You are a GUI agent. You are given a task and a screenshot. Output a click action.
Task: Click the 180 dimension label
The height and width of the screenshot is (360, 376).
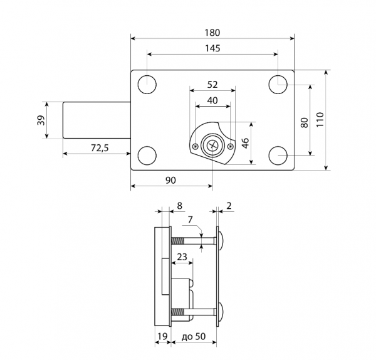[x=212, y=33]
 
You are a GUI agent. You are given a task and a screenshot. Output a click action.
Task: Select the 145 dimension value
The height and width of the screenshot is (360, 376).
[x=212, y=48]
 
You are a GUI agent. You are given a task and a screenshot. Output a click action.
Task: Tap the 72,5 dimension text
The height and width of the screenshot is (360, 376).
[x=100, y=148]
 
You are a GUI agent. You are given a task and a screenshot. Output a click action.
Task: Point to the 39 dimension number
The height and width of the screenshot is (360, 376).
[x=41, y=120]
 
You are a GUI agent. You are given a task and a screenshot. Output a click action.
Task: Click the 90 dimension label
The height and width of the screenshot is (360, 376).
[x=170, y=180]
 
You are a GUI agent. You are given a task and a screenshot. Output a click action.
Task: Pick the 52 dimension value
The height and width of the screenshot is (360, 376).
[x=212, y=85]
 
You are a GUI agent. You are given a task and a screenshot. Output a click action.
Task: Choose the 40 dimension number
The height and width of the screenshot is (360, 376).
[x=212, y=100]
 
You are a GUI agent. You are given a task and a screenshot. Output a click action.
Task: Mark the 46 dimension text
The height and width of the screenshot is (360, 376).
[x=246, y=143]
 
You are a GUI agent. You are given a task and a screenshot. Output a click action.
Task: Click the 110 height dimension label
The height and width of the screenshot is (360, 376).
[x=320, y=120]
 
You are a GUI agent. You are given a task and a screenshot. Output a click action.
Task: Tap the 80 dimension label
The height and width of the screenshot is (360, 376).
[x=304, y=123]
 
